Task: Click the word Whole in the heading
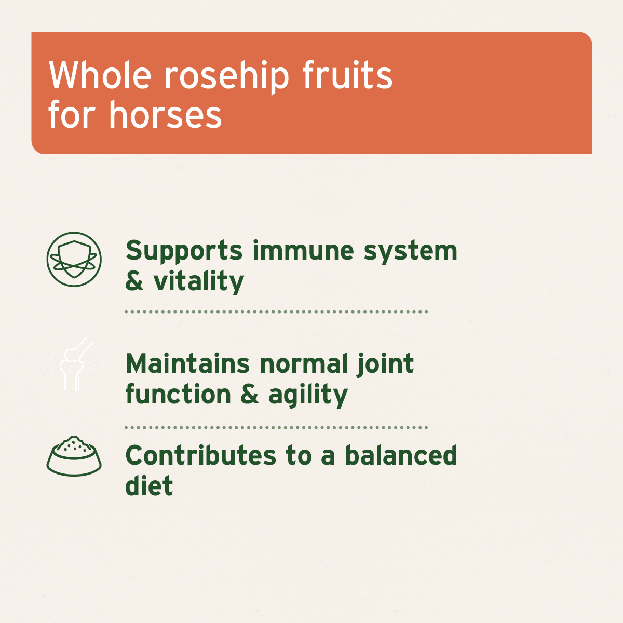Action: click(x=100, y=76)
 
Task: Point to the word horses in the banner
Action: click(x=165, y=115)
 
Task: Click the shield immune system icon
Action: click(x=74, y=260)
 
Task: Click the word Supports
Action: click(x=184, y=251)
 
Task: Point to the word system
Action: click(x=410, y=251)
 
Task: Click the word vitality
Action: click(x=198, y=282)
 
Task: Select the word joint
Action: click(x=385, y=364)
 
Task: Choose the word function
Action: click(x=178, y=395)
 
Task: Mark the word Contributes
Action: click(x=200, y=456)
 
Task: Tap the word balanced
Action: click(x=401, y=456)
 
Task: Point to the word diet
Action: click(x=149, y=486)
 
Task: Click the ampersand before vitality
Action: click(x=134, y=282)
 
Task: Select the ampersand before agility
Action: click(x=250, y=395)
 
